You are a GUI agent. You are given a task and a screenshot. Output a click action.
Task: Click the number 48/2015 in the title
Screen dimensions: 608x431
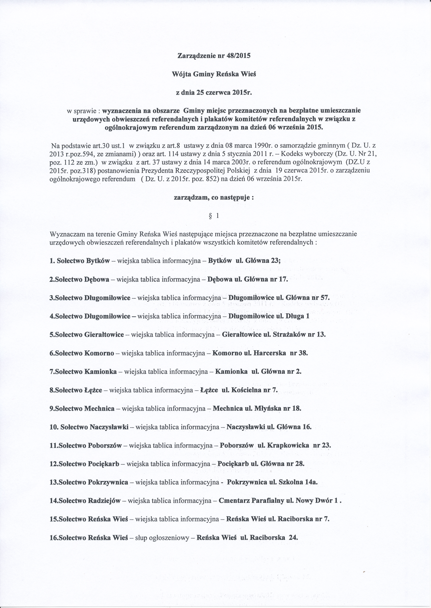(x=239, y=56)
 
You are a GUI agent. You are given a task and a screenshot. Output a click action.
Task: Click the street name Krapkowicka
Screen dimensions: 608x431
(x=288, y=446)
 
